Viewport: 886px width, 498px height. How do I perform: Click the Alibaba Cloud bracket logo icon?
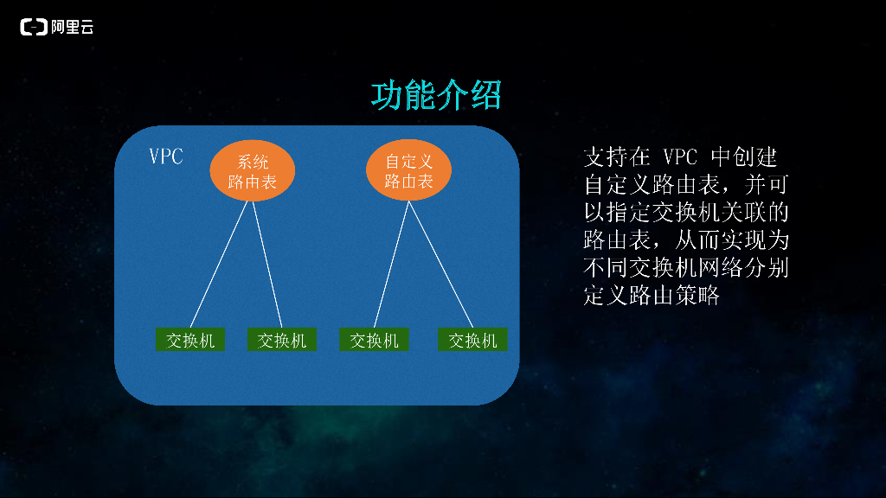pos(34,27)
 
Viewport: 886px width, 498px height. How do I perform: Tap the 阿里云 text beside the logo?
pos(73,27)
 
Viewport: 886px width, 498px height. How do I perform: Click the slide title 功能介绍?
pos(436,95)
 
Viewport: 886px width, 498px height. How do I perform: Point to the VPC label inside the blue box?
pos(166,156)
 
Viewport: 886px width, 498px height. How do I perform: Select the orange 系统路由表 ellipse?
pos(252,170)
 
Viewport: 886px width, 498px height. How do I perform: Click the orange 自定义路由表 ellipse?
pos(408,170)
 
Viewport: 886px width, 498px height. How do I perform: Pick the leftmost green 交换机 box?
pos(190,339)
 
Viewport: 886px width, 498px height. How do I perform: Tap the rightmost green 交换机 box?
pos(472,339)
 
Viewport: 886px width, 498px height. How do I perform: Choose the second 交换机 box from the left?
pos(282,339)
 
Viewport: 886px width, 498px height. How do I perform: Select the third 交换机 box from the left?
pos(374,339)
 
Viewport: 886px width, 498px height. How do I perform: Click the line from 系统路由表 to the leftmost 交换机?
pos(219,265)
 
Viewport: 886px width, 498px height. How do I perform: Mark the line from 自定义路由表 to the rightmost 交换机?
pos(440,265)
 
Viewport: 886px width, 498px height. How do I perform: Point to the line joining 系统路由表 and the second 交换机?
pos(267,265)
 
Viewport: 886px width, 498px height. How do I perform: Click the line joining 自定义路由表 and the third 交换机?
pos(392,265)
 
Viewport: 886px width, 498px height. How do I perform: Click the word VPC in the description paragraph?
pos(680,157)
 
